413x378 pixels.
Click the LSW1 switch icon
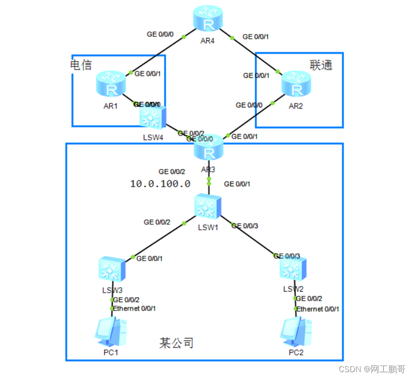pos(208,207)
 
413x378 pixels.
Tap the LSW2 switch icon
pos(293,267)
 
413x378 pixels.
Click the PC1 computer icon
pos(111,332)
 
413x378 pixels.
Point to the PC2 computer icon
pos(296,332)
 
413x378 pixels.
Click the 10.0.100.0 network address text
pos(160,184)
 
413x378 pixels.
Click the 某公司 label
pos(176,343)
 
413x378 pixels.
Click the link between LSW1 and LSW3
pos(159,240)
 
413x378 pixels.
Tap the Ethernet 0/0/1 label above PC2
pos(318,309)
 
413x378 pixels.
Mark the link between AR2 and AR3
pos(251,119)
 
